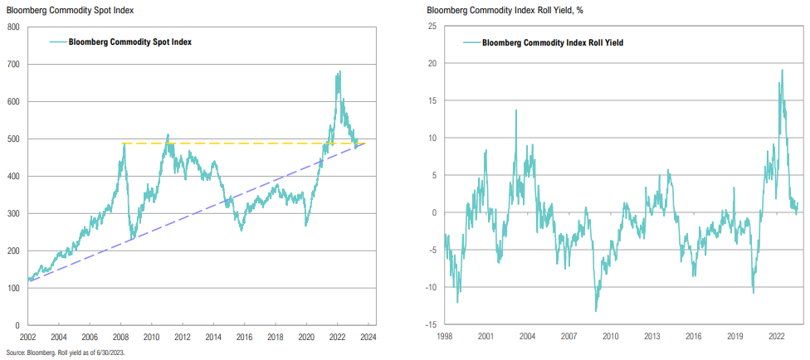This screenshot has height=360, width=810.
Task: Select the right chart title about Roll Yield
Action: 490,9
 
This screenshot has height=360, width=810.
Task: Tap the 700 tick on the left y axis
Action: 13,64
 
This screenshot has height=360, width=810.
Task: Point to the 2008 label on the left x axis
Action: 120,337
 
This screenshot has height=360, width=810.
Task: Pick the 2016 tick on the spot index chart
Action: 243,337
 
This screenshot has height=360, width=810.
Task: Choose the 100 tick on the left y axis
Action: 13,289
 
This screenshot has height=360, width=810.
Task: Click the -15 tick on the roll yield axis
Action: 432,325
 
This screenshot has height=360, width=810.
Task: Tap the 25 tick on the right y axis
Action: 433,26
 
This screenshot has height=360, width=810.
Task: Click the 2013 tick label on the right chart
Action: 651,337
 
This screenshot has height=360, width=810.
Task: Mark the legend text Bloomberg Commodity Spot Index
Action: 130,41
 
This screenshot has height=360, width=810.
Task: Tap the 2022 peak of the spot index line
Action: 339,72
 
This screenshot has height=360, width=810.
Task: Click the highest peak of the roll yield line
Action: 782,71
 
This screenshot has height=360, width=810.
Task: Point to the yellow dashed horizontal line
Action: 249,144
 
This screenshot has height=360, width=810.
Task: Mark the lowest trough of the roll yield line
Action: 596,311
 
